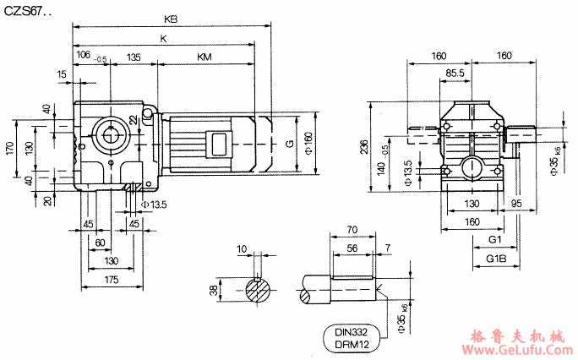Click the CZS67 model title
coord(28,12)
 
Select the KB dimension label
coord(171,19)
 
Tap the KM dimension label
coord(204,57)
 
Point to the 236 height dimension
coord(364,147)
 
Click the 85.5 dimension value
coord(455,73)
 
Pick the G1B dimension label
coord(496,259)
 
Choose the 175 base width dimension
coord(112,280)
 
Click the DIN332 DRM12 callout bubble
coord(352,338)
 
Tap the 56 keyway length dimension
coord(352,248)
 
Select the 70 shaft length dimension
coord(352,230)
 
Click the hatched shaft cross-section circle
coord(258,290)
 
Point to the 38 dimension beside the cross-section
coord(214,291)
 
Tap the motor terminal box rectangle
coord(219,144)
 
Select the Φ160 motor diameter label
coord(308,143)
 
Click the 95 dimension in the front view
coord(516,203)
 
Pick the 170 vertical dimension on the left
coord(10,148)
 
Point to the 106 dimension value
coord(84,55)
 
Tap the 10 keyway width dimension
coord(242,249)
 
